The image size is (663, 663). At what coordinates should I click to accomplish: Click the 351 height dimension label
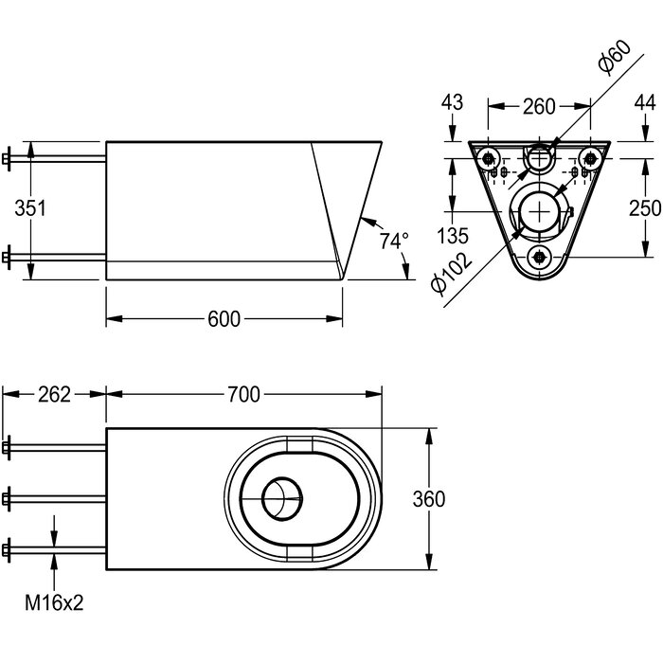pos(30,208)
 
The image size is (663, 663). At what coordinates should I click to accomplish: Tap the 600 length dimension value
pos(224,319)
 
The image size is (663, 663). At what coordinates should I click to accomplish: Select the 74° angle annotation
pos(394,241)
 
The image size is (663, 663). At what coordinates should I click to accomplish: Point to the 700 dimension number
pos(244,395)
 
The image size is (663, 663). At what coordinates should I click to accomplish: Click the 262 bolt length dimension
pos(55,395)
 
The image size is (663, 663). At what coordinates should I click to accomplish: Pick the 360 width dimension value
pos(429,499)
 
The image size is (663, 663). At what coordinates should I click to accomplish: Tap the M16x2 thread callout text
pos(54,602)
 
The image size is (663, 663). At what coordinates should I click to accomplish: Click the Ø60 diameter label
pos(615,58)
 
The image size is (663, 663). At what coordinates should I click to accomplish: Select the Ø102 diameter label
pos(451,273)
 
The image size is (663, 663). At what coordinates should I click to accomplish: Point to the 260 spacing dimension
pos(539,106)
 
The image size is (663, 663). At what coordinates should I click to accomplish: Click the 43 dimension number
pos(452,102)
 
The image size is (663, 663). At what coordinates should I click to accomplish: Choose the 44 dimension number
pos(645,102)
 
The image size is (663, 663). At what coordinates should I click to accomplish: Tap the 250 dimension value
pos(645,208)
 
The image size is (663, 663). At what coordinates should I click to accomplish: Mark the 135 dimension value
pos(453,236)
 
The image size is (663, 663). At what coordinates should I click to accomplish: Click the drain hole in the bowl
pos(282,498)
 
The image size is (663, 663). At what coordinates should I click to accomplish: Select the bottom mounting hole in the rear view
pos(539,256)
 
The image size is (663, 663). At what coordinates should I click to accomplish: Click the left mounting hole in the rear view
pos(490,158)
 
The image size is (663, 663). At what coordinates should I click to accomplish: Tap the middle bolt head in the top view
pos(6,499)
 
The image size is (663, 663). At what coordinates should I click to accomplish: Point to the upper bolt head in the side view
pos(6,158)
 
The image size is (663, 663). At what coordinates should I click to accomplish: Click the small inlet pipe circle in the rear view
pos(539,158)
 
